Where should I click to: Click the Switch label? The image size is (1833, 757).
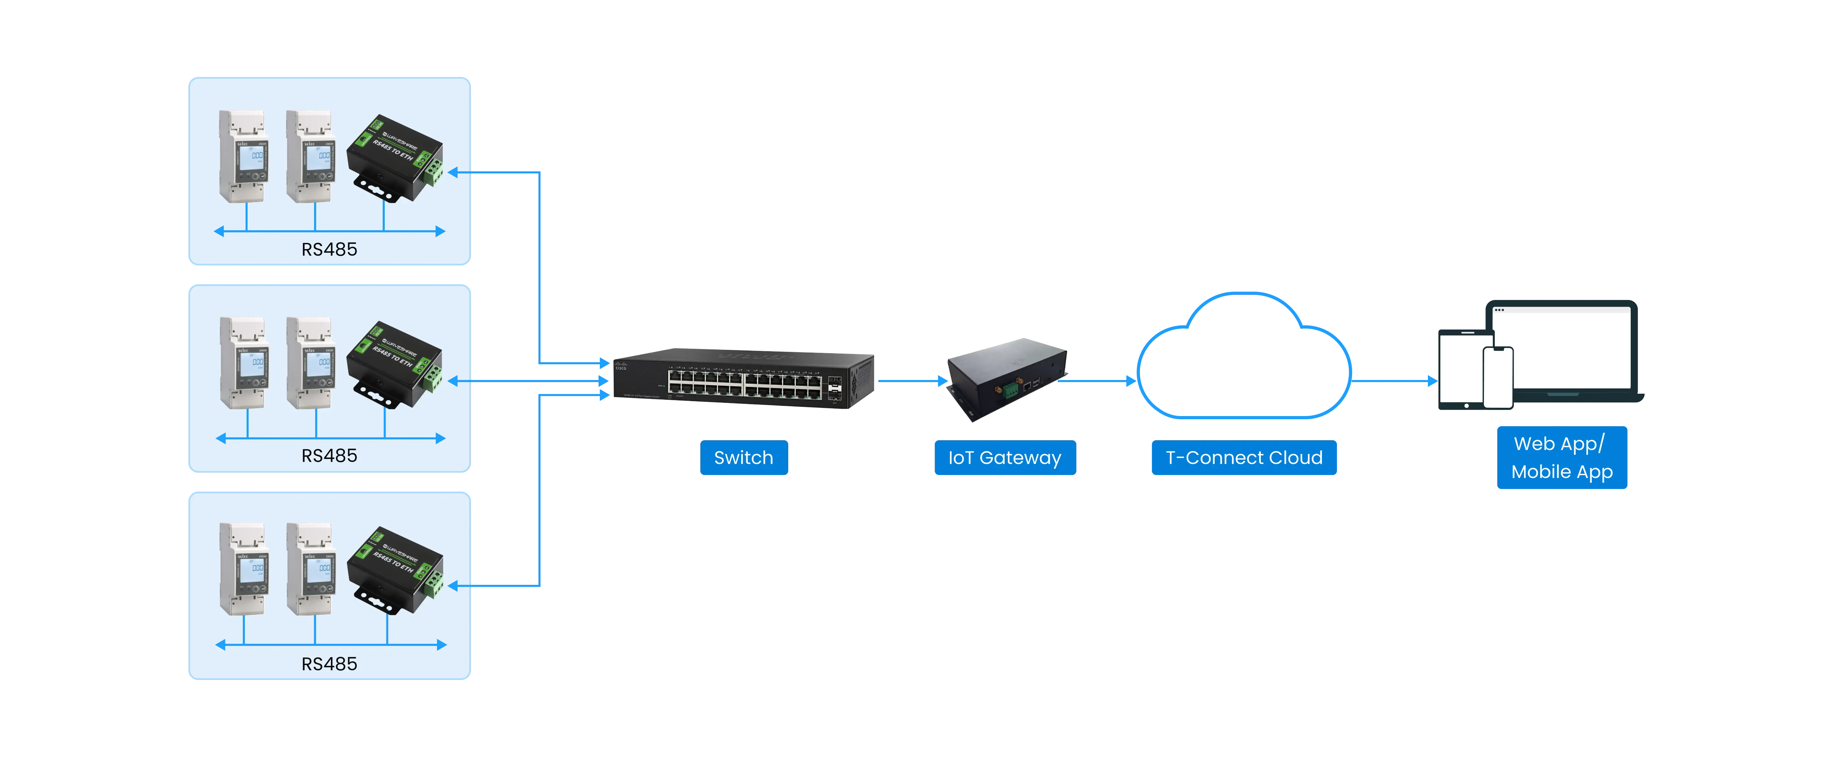click(744, 457)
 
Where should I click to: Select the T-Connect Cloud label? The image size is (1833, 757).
click(1244, 457)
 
